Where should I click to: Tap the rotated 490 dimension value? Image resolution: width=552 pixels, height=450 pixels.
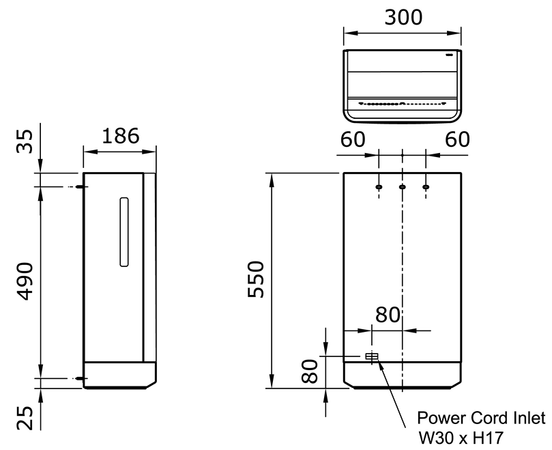(x=25, y=281)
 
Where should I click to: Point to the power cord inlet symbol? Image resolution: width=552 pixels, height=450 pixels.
(x=372, y=357)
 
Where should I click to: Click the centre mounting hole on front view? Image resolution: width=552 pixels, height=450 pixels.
(x=403, y=187)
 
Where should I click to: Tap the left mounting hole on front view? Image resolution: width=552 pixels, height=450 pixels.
(x=379, y=187)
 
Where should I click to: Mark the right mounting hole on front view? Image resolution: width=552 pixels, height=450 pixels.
(x=426, y=187)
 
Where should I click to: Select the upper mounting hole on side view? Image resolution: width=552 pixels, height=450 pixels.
(x=81, y=187)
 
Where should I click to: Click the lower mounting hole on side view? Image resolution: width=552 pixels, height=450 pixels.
(x=81, y=378)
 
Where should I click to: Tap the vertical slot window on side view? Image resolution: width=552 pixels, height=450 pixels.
(x=123, y=231)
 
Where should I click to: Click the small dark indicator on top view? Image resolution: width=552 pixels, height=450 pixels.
(x=450, y=55)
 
